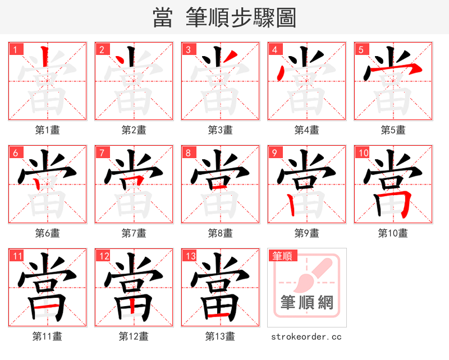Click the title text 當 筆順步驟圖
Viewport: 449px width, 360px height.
point(224,17)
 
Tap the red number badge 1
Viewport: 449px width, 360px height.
point(15,49)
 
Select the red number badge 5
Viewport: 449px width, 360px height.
point(361,49)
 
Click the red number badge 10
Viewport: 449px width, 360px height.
point(363,153)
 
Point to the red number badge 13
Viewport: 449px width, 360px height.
point(190,256)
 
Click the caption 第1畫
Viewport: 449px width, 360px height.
point(48,130)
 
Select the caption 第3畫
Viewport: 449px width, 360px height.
point(220,130)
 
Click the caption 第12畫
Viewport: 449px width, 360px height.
point(134,336)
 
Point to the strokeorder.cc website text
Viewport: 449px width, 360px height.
point(306,337)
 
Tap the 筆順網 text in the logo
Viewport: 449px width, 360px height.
point(306,303)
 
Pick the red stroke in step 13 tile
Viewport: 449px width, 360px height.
point(219,317)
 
